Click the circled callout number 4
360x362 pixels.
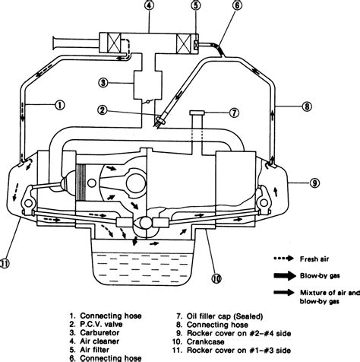[149, 5]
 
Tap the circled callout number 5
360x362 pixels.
[196, 5]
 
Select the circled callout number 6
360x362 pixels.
[237, 5]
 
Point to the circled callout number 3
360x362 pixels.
[103, 83]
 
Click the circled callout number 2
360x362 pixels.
[103, 110]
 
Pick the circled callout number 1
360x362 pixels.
[60, 105]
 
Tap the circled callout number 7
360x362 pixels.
[234, 113]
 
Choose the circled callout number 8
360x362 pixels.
[307, 106]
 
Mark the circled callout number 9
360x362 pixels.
[314, 183]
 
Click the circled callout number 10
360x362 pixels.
[216, 278]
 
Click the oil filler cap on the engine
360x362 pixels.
[197, 113]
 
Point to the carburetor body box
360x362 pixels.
[147, 85]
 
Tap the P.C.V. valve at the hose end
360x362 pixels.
[160, 121]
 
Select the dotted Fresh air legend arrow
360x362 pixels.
[283, 259]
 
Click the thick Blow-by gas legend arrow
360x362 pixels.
[285, 276]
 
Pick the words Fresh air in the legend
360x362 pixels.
[314, 259]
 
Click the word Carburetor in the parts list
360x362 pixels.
[99, 333]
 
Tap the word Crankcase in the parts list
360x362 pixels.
[205, 341]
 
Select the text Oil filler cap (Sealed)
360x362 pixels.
[225, 316]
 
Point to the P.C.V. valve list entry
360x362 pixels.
[96, 324]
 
